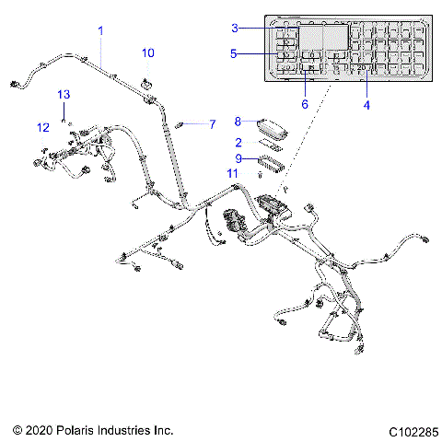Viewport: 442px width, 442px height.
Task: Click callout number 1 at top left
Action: pos(100,30)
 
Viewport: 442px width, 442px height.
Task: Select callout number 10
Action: pos(148,53)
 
